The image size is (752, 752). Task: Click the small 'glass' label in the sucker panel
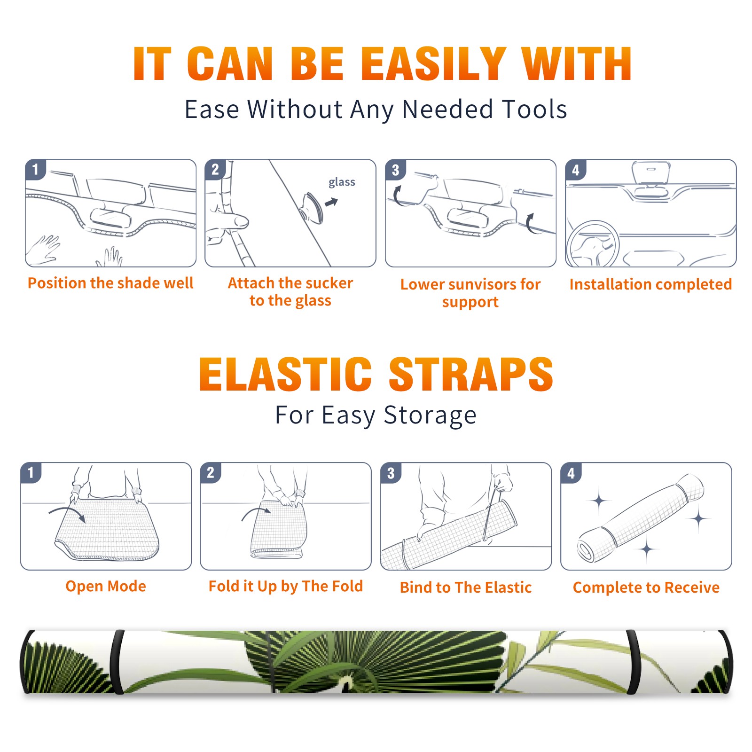tap(342, 182)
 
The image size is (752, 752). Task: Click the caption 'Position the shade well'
tap(110, 283)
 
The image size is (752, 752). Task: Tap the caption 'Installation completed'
tap(650, 284)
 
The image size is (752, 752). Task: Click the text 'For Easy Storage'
tap(376, 415)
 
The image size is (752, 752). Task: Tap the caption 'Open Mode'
tap(106, 586)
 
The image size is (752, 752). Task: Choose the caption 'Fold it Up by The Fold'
tap(286, 587)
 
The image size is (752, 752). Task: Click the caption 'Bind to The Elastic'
tap(466, 587)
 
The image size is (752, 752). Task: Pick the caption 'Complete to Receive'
tap(646, 587)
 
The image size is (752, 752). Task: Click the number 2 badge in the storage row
tap(211, 472)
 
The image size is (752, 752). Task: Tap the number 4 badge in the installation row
tap(576, 170)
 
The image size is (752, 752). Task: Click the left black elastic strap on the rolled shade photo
tap(117, 662)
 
